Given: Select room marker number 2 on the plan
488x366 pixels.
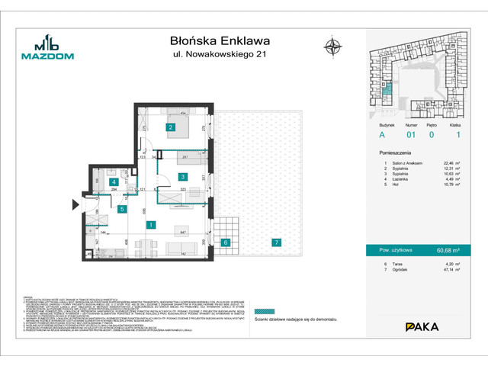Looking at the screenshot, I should coord(172,127).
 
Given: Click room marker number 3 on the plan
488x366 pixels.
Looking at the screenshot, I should coord(182,177).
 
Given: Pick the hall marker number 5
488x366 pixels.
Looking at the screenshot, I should coord(122,209).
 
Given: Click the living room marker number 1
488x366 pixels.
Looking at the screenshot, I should coord(152,224).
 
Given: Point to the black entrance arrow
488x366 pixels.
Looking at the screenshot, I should coord(74,204).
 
